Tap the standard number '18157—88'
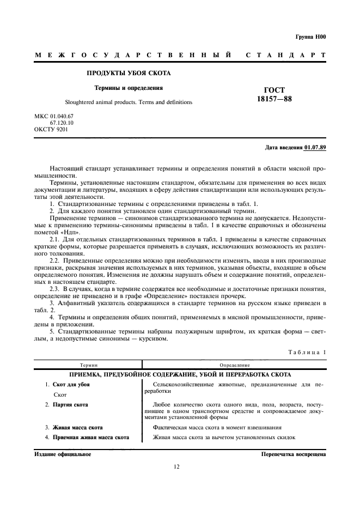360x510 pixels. tap(274, 99)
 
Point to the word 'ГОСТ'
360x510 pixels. tap(274, 90)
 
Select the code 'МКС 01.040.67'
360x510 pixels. tap(53, 117)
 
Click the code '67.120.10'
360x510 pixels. tap(62, 123)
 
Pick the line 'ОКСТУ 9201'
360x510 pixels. tap(51, 130)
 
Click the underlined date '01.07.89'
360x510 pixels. tap(315, 147)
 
